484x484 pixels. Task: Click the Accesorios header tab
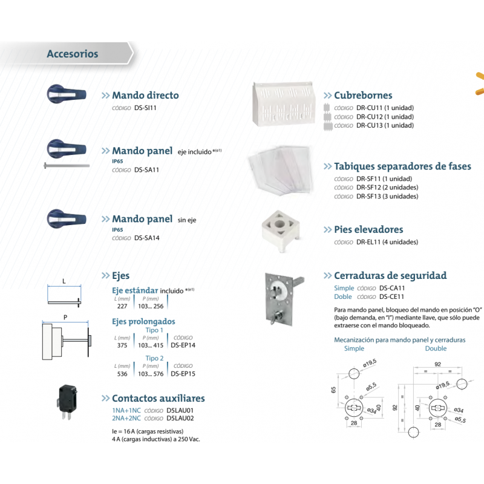coord(73,54)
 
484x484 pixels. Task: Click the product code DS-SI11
coord(146,108)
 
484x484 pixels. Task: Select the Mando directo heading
coord(145,96)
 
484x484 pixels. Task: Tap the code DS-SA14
coord(146,238)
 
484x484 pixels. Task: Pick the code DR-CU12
coord(368,116)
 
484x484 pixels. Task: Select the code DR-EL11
coord(368,242)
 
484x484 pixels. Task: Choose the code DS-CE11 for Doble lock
coord(391,297)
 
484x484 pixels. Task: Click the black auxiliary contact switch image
coord(66,398)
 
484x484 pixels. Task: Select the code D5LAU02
coord(180,418)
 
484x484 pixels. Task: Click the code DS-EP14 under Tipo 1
coord(183,345)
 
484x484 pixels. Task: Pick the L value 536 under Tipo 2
coord(122,374)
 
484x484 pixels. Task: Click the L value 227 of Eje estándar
coord(122,306)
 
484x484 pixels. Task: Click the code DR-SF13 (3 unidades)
coord(368,196)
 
